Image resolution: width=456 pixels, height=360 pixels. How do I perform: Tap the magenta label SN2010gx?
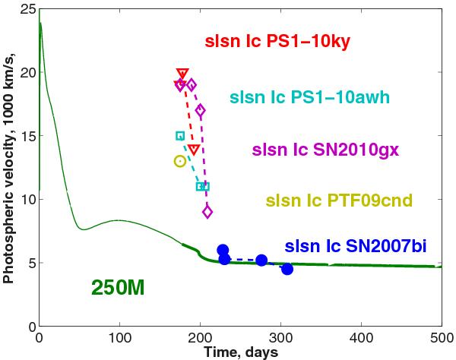315,150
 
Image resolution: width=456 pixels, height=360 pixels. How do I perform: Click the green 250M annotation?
118,288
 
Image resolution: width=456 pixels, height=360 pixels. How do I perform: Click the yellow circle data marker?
180,161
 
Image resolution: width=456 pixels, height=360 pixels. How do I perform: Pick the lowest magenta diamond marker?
207,212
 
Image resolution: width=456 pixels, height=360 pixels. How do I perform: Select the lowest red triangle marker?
194,150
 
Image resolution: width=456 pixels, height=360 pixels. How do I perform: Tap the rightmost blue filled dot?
287,269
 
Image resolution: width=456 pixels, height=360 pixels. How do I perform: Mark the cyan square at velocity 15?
180,136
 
